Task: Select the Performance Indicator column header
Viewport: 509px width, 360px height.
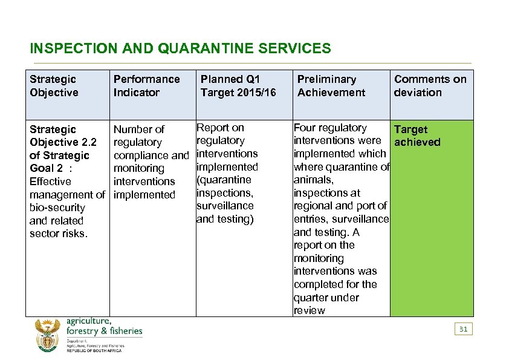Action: pos(146,86)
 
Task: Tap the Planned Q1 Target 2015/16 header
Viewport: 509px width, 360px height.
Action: pos(238,86)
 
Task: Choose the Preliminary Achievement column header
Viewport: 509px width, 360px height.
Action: pos(331,86)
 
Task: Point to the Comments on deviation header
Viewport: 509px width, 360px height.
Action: pos(430,86)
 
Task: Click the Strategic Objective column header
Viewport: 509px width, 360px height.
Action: pos(54,86)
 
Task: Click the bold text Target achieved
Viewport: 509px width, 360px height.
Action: pos(417,136)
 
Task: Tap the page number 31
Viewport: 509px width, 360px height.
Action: pos(463,329)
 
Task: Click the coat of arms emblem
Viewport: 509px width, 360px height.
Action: pos(48,335)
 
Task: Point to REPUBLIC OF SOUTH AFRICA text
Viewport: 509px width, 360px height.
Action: pos(94,351)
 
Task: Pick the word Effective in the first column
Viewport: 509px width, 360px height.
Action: pos(50,182)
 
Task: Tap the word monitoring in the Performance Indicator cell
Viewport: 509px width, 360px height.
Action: pos(138,168)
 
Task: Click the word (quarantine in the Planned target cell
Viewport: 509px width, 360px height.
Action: pos(224,180)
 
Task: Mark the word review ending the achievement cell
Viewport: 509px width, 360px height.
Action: pos(310,310)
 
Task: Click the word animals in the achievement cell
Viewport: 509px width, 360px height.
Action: pos(313,180)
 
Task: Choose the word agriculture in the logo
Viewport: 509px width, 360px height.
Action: pos(88,321)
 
